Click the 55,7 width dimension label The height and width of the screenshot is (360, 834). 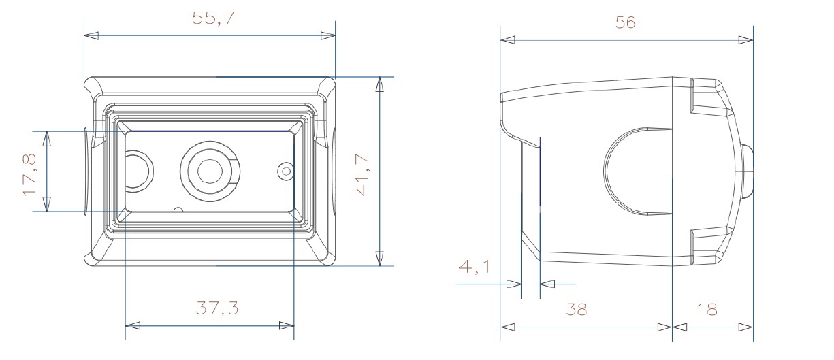[213, 18]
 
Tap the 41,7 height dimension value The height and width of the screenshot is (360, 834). [362, 175]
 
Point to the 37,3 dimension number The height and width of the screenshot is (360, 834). [216, 308]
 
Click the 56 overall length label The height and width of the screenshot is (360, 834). [625, 22]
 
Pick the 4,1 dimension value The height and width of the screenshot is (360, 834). [474, 267]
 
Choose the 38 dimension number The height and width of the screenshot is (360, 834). [576, 310]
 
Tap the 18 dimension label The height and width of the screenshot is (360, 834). [706, 310]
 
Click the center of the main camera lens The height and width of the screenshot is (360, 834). [210, 171]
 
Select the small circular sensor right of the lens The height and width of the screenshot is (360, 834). [286, 171]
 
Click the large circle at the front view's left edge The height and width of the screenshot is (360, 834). [138, 171]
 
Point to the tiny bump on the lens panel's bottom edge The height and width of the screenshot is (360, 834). [178, 210]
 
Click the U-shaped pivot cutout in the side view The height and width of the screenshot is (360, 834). [637, 171]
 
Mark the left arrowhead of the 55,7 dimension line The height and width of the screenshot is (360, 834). [91, 36]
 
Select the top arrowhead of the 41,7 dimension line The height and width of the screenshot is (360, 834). [379, 84]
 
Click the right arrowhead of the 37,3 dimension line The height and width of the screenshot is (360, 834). [287, 326]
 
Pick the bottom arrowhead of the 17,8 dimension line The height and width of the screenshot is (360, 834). [46, 204]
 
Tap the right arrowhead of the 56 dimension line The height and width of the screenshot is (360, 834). [746, 40]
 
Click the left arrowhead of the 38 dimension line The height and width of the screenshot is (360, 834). [507, 327]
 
